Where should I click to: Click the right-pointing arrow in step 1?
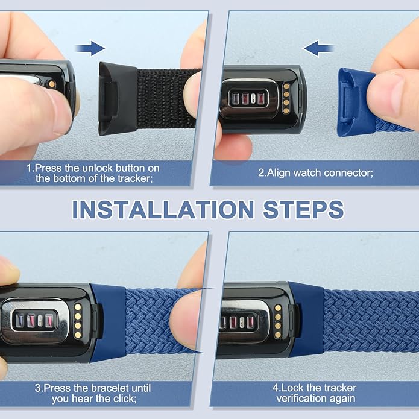(90, 48)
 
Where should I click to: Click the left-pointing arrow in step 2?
(318, 48)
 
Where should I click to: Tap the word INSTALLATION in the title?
(163, 210)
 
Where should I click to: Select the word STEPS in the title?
(303, 210)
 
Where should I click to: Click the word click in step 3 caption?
(125, 399)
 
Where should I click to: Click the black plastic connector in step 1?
(118, 98)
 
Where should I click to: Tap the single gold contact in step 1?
(52, 84)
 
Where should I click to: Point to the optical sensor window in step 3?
(35, 320)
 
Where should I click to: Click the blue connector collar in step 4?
(306, 320)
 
